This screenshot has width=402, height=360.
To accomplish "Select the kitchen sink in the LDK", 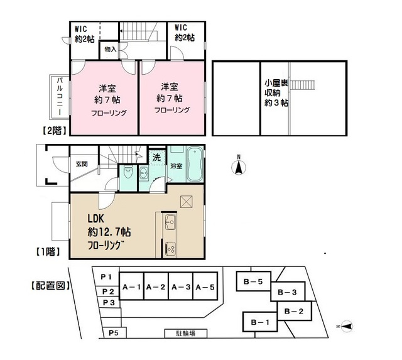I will [169, 224].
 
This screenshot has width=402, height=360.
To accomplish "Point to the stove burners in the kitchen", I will [170, 248].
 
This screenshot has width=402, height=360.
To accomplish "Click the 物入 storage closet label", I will [109, 48].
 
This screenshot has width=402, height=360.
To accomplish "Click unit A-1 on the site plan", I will [131, 287].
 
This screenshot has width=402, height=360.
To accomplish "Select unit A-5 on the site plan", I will [205, 287].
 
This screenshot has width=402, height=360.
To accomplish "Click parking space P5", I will [113, 332].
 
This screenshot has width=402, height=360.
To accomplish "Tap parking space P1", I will [106, 277].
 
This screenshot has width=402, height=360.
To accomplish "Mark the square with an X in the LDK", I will [185, 201].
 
